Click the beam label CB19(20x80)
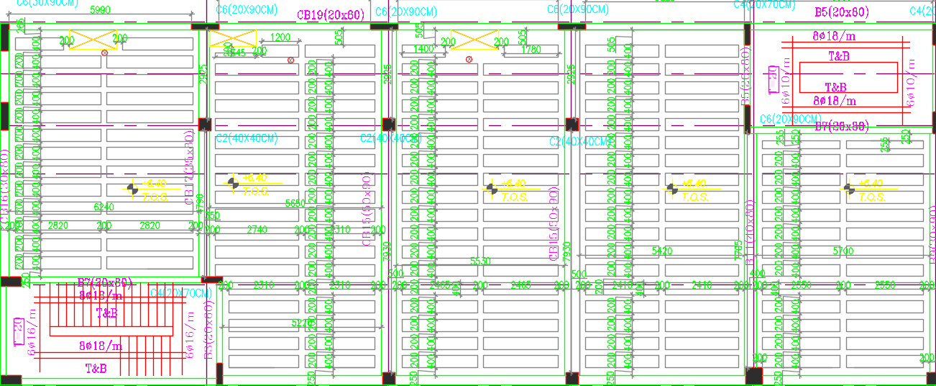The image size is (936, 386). (x=331, y=15)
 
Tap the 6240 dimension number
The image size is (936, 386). (x=105, y=207)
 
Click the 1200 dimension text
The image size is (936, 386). (x=280, y=37)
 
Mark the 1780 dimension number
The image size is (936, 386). (x=532, y=50)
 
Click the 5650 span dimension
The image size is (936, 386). (x=295, y=204)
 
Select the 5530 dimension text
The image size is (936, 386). (x=480, y=261)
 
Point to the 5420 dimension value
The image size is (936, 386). (x=662, y=251)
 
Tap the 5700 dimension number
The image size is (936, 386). (x=843, y=251)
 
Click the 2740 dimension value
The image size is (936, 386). (x=257, y=230)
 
